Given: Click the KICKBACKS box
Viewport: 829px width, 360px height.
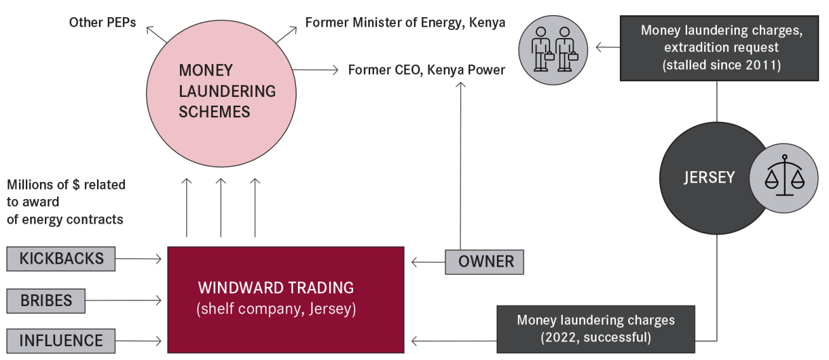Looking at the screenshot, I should point(61,259).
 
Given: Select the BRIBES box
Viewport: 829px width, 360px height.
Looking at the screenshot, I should point(46,300).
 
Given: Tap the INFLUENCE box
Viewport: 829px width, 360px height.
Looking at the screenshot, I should point(61,340).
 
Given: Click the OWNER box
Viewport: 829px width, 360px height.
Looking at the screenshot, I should point(484,262).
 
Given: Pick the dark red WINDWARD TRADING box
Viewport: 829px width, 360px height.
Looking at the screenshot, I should point(285,299).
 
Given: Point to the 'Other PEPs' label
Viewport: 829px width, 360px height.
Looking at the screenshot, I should point(103,23).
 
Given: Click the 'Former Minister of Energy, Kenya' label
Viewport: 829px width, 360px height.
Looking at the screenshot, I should point(405,23).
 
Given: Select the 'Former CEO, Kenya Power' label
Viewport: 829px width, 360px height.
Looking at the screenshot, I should point(427,69).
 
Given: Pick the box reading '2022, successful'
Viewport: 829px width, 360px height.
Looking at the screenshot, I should point(596,328).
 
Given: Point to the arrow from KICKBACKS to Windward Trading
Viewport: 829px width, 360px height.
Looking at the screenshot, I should point(139,259).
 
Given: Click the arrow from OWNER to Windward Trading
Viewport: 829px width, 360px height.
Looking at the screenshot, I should point(427,262).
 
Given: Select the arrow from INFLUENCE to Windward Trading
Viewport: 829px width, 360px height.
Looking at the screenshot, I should point(139,341).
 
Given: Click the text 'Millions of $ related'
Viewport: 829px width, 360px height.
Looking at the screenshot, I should point(66,185).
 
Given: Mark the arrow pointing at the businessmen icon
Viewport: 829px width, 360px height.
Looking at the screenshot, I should point(608,47).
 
